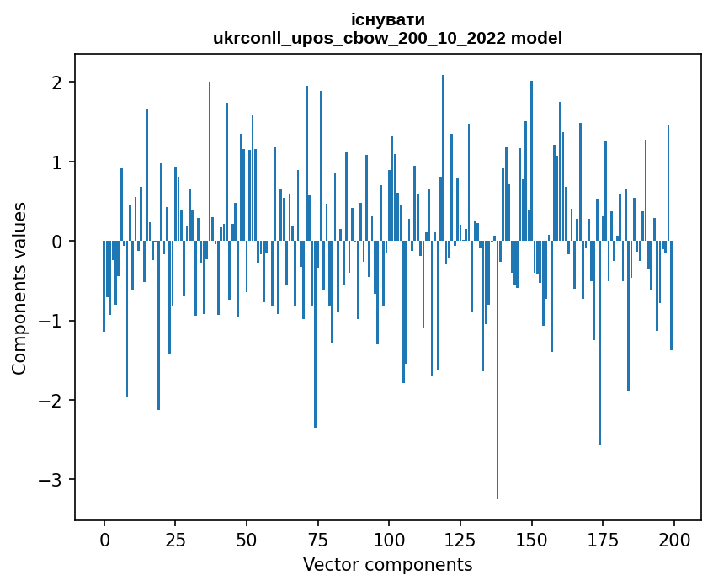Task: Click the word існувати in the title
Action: pyautogui.click(x=387, y=19)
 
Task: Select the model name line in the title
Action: pyautogui.click(x=387, y=38)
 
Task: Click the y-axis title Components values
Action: pyautogui.click(x=19, y=288)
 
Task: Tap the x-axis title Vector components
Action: pyautogui.click(x=387, y=564)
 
